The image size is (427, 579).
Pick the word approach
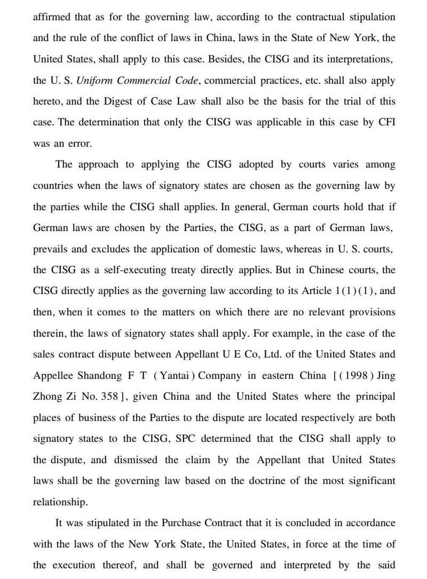(x=98, y=165)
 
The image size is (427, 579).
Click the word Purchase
(x=179, y=523)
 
